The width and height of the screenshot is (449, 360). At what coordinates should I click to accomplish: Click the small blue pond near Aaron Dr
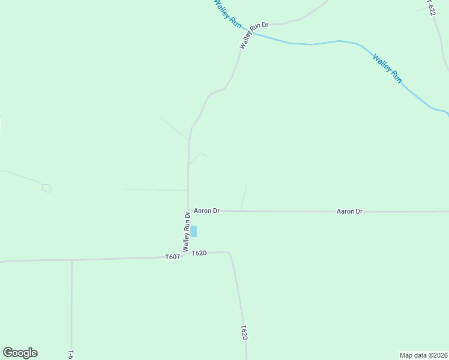pos(193,231)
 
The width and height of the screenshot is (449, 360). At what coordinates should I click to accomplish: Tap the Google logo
pos(20,353)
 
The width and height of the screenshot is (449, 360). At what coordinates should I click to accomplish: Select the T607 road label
pos(173,257)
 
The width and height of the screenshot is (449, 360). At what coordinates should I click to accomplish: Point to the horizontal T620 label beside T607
pos(199,253)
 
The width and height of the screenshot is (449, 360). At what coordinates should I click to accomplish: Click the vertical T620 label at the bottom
pos(244,333)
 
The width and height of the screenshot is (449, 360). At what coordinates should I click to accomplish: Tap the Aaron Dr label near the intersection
pos(206,211)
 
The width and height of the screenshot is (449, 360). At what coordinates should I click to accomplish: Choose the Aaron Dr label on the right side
pos(349,211)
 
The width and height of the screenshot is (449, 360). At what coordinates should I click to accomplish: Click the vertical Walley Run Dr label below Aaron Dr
pos(187,231)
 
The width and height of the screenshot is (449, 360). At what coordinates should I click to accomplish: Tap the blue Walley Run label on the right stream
pos(387,68)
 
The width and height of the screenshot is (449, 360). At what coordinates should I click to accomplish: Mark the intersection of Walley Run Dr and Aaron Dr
pos(188,210)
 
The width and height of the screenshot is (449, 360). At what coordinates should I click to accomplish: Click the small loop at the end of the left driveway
pos(46,188)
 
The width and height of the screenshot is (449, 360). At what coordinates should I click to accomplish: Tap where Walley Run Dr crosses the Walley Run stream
pos(252,33)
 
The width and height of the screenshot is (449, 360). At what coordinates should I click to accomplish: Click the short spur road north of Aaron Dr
pos(244,197)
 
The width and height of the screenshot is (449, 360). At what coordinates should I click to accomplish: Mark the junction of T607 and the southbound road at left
pos(71,260)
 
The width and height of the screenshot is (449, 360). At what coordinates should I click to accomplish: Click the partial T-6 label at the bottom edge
pos(71,354)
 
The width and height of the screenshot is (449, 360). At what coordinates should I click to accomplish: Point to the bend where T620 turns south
pos(230,253)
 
